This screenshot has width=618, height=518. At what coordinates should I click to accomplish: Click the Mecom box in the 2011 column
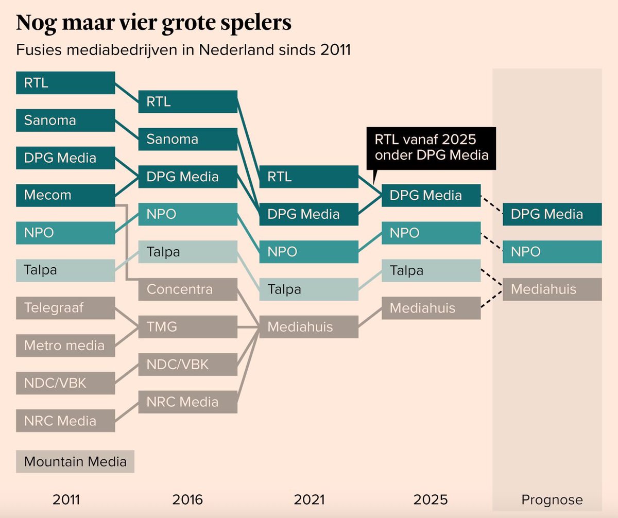(x=65, y=195)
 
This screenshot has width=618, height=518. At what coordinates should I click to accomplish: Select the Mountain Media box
(x=75, y=461)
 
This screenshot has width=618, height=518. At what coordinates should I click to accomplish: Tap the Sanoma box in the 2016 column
(x=187, y=139)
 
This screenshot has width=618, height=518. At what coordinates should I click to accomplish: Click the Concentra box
(x=187, y=289)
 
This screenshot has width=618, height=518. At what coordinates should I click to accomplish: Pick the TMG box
(x=187, y=326)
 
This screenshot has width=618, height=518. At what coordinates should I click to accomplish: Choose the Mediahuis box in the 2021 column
(x=308, y=326)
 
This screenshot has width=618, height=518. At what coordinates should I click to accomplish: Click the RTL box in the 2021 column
(x=308, y=177)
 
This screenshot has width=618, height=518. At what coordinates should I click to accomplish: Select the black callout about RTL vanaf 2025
(x=431, y=147)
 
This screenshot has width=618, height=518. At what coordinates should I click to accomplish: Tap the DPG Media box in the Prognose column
(x=552, y=214)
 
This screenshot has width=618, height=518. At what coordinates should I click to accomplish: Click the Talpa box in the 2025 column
(x=431, y=270)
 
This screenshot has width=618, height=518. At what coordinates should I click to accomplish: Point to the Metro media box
(x=65, y=345)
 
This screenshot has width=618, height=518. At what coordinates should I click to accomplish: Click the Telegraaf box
(x=65, y=308)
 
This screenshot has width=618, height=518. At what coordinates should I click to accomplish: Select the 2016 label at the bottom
(x=187, y=499)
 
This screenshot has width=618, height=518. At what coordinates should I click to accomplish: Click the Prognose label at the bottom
(x=552, y=499)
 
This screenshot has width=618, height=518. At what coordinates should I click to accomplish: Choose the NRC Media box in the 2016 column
(x=187, y=402)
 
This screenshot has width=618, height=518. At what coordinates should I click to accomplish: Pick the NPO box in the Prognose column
(x=552, y=252)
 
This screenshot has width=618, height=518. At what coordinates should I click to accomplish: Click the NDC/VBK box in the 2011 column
(x=65, y=383)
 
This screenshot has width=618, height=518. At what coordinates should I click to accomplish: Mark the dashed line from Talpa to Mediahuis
(x=491, y=280)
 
